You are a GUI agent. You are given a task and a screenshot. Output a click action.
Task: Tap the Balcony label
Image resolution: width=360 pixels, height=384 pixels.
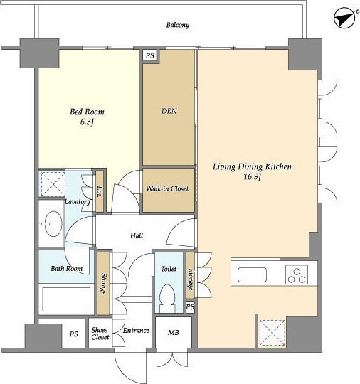coord(178,25)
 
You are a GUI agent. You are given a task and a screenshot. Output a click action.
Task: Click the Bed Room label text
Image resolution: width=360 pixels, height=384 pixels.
coord(87,112)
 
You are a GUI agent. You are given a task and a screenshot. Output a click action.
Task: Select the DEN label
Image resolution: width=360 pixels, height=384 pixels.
coord(169,111)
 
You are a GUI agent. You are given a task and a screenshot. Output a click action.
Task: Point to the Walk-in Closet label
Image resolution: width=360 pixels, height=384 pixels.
coord(167,188)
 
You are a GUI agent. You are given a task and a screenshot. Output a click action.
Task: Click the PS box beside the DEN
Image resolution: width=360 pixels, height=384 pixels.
coord(150,55)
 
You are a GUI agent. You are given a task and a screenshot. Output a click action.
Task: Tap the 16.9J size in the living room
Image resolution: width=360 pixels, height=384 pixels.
coord(252,177)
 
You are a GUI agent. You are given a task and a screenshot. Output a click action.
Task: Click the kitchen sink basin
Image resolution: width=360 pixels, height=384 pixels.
coord(252,274)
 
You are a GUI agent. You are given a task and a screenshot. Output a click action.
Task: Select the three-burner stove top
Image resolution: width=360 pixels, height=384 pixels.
coord(297,274)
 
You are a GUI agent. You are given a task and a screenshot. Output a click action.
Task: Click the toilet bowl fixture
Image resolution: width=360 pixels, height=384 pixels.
coord(167,299)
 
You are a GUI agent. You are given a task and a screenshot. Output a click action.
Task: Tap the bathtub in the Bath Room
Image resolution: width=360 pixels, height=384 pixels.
coord(66,299)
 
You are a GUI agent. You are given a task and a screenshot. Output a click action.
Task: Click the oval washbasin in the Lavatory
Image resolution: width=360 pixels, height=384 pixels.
coord(53,223)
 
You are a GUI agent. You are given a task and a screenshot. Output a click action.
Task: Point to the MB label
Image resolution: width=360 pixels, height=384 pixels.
coord(174,332)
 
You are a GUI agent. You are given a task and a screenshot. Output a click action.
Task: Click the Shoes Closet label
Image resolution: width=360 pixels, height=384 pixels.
coord(100,334)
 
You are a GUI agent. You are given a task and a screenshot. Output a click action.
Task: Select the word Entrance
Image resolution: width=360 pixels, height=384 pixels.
coord(136,331)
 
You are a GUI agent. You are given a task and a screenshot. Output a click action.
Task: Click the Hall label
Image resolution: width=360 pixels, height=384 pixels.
coord(137,235)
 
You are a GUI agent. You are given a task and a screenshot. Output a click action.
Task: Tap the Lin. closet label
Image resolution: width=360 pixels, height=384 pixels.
coord(100,192)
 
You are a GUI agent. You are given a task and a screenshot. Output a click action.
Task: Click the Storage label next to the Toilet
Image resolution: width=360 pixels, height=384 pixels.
coord(190,279)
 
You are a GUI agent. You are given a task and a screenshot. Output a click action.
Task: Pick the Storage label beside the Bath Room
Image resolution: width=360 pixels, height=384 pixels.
coord(104,284)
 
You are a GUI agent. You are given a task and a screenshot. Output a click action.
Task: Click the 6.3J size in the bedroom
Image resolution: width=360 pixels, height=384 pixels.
coord(87,122)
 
